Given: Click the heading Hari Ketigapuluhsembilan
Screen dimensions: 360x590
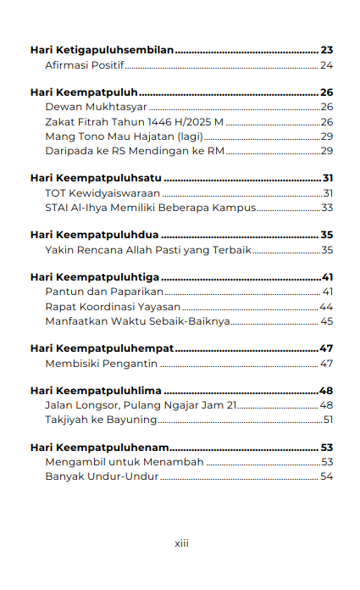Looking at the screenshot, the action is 102,51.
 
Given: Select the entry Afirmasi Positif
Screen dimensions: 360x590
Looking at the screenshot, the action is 84,65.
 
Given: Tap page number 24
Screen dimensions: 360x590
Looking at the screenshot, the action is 326,65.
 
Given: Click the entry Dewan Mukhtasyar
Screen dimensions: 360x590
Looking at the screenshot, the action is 97,107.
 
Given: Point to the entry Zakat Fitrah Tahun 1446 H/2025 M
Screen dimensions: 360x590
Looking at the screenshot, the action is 134,121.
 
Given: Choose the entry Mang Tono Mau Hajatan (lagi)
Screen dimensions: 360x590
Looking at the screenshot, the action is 124,136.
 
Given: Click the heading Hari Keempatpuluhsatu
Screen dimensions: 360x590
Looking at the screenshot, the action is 96,179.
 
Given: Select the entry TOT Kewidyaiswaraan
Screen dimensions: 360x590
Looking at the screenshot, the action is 102,193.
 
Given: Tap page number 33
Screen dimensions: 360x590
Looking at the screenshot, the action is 327,208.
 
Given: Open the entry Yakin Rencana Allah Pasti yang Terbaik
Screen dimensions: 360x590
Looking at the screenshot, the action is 148,250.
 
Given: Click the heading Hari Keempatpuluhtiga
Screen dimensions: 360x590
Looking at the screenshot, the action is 95,278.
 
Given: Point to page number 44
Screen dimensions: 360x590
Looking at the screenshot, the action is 326,307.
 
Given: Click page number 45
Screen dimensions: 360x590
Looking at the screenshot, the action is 326,321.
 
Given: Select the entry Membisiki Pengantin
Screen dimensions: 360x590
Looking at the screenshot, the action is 102,364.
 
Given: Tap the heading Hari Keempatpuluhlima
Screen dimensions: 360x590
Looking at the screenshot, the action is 96,392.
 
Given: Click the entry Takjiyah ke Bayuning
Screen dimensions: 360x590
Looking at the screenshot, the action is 101,420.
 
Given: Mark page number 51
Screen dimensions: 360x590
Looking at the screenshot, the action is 328,420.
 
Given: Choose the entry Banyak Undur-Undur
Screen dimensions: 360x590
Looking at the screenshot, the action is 102,476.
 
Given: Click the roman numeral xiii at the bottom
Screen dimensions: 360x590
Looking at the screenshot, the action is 181,543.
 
